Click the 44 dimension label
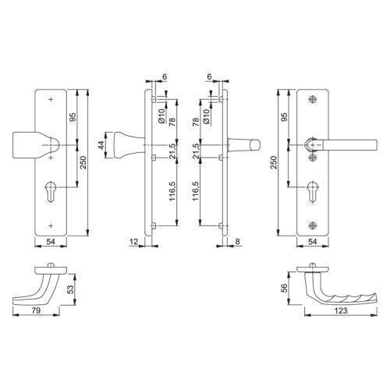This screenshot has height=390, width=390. click(101, 145)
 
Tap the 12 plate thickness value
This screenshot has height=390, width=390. click(133, 242)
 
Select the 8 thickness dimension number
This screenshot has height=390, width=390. click(237, 242)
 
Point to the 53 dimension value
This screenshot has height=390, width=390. click(71, 289)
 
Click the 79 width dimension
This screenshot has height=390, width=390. click(36, 310)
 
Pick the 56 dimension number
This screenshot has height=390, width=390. click(285, 288)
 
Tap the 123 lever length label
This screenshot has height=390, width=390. click(341, 310)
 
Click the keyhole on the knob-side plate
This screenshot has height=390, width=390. click(50, 192)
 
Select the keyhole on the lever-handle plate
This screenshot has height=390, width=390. click(312, 192)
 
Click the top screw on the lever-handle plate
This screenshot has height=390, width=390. click(313, 99)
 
